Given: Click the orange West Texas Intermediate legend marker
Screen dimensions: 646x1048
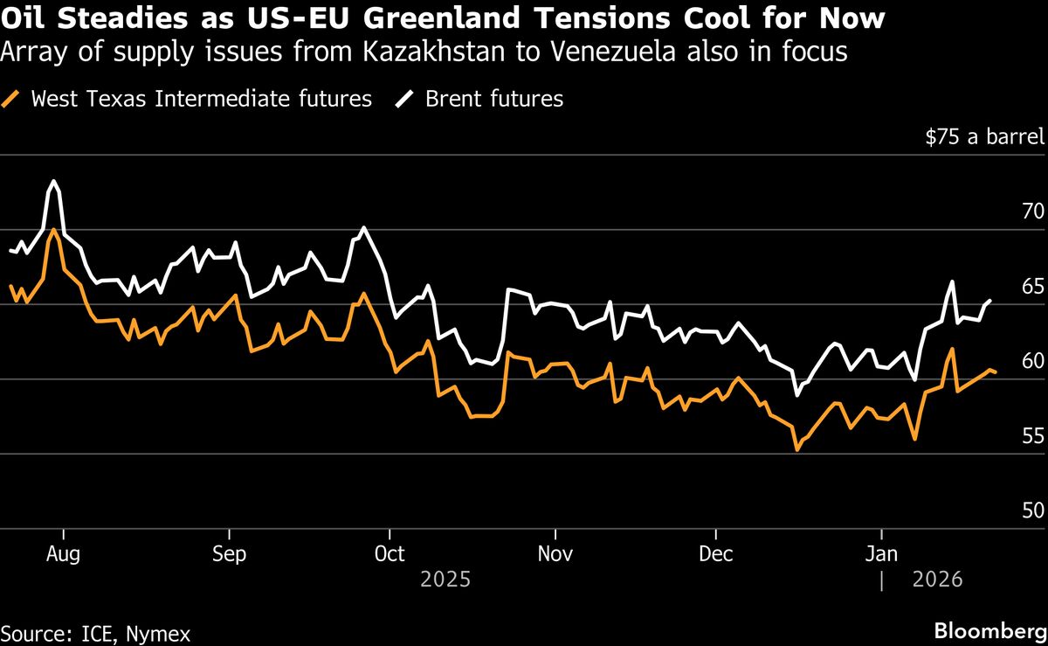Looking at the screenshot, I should pyautogui.click(x=12, y=99).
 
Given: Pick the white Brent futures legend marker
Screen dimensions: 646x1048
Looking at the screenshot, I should pyautogui.click(x=406, y=99).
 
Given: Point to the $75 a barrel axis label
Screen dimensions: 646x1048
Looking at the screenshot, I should pyautogui.click(x=984, y=137).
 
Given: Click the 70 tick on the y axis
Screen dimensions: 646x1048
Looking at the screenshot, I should pyautogui.click(x=1032, y=212).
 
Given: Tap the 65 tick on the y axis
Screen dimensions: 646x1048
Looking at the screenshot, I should pyautogui.click(x=1032, y=287).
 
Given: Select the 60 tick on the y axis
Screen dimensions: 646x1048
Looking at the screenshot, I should pyautogui.click(x=1032, y=361).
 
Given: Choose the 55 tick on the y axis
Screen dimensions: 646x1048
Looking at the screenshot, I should pyautogui.click(x=1032, y=436).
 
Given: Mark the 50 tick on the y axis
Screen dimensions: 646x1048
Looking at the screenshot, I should pyautogui.click(x=1032, y=511).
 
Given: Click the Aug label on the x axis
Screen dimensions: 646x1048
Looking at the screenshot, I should pyautogui.click(x=64, y=554).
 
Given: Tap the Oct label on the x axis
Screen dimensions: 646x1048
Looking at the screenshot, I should pyautogui.click(x=390, y=554).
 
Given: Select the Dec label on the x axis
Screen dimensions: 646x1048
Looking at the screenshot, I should pyautogui.click(x=715, y=554).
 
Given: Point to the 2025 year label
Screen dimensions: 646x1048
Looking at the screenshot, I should pyautogui.click(x=445, y=580).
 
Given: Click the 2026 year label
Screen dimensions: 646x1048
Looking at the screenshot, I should pyautogui.click(x=936, y=580).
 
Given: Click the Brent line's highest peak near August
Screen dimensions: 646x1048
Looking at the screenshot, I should pyautogui.click(x=53, y=181).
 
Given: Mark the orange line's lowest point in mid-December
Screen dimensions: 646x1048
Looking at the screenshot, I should pyautogui.click(x=796, y=450).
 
